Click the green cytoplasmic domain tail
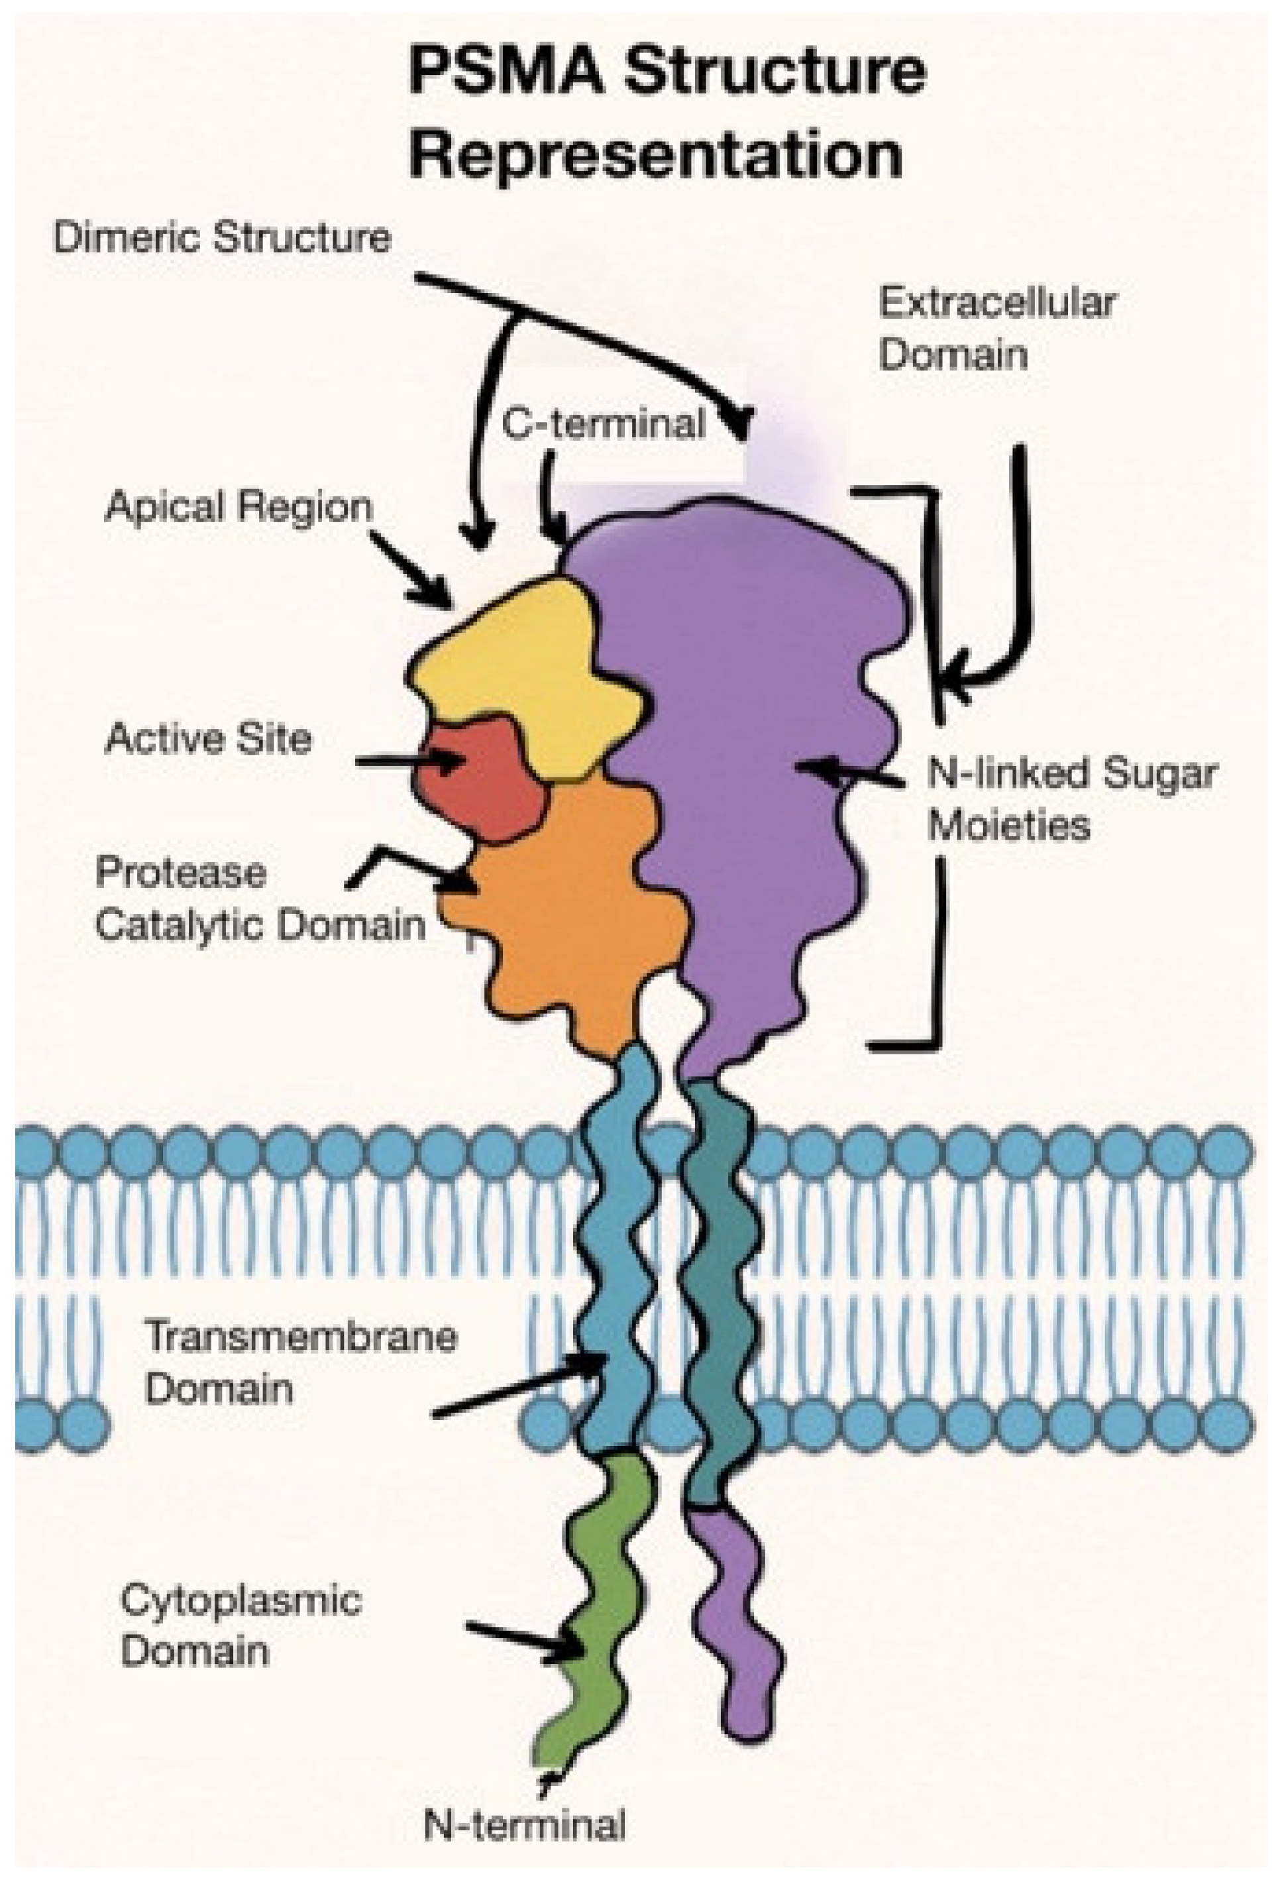[x=600, y=1587]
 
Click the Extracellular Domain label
[x=996, y=329]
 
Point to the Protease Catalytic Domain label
[x=259, y=899]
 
